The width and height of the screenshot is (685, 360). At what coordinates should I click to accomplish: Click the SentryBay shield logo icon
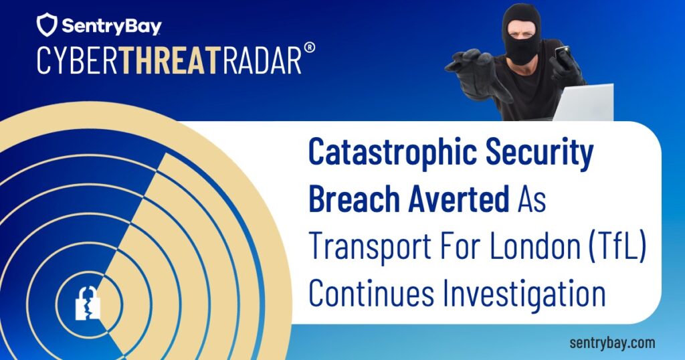(47, 25)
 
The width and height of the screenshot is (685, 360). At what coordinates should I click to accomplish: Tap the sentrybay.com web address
(612, 343)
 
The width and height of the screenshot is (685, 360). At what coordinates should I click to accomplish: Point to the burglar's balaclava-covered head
(521, 30)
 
